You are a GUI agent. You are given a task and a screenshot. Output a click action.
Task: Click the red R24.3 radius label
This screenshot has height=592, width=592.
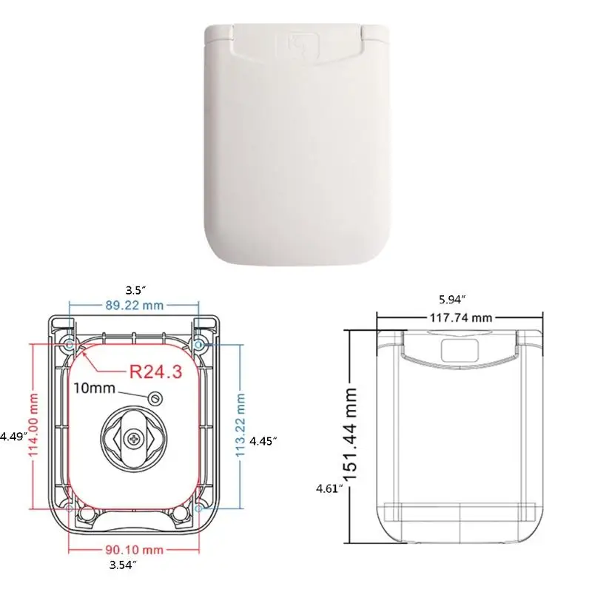point(155,371)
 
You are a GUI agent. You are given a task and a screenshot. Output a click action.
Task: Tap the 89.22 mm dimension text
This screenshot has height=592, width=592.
point(135,305)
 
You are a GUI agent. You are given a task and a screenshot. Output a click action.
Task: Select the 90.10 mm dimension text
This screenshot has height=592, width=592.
point(135,550)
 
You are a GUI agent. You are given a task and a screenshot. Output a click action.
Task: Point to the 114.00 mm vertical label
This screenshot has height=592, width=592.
point(34,424)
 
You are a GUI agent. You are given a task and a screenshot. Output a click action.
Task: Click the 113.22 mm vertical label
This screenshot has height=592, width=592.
point(240,425)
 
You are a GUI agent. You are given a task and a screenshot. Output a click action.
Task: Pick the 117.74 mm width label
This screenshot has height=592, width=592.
point(460,318)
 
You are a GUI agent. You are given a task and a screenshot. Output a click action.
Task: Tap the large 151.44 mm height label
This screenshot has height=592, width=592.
point(351,434)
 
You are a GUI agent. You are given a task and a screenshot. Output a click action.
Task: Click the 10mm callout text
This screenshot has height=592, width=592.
point(94,388)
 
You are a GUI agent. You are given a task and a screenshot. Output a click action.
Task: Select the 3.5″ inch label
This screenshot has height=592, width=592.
point(135,290)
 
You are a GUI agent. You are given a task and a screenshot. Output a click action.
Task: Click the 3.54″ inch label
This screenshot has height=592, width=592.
point(123,565)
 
